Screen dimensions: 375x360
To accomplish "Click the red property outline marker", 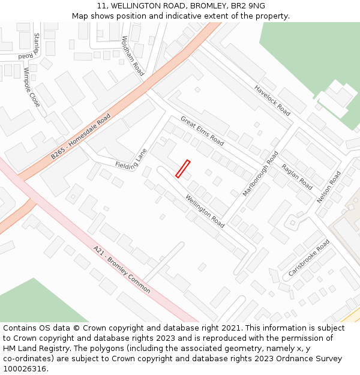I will pos(182,169).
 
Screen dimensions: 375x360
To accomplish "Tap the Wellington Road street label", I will pos(205,211).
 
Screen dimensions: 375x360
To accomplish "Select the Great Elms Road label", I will pos(202,131).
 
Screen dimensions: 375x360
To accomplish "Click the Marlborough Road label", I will pos(260,174).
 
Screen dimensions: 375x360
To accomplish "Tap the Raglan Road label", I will pos(297,177).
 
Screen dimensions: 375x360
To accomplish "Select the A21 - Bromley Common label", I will pos(122,269).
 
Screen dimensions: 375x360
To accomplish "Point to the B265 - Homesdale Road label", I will pos(81,136).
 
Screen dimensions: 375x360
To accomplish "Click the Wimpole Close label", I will pos(32,88).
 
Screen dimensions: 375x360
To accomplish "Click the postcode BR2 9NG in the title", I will pos(247,6).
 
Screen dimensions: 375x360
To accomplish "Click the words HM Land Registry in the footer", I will pos(35,349).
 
